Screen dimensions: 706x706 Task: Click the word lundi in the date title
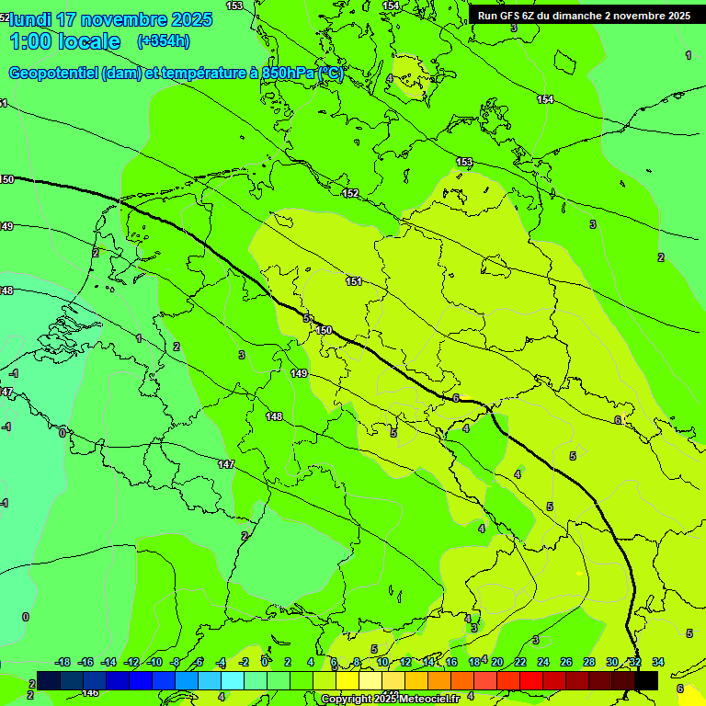(29, 19)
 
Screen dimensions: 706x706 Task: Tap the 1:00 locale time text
(64, 41)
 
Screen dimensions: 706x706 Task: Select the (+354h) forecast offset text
(163, 41)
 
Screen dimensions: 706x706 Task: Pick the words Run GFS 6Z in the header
(505, 16)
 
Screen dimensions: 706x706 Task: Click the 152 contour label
(350, 193)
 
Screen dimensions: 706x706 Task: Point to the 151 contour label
(354, 281)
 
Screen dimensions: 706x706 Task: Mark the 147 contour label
(226, 464)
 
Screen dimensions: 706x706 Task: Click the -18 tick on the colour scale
(63, 662)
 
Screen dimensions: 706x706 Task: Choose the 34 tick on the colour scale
(658, 662)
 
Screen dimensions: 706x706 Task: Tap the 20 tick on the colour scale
(497, 662)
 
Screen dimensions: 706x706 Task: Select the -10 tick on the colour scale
(155, 662)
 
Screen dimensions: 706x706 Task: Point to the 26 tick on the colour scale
(566, 662)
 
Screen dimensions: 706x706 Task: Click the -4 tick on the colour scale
(222, 662)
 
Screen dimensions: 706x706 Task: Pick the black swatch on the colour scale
(646, 680)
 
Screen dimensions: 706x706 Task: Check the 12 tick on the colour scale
(405, 662)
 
